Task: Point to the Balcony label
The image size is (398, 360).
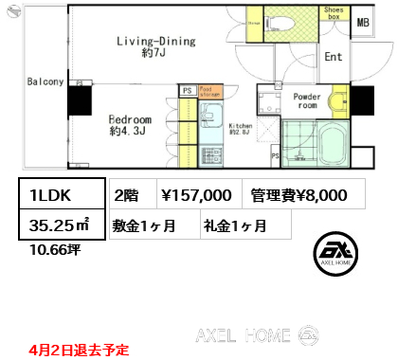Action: [x=45, y=81]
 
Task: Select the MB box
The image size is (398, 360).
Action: [x=363, y=21]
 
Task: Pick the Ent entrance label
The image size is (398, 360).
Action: [x=333, y=57]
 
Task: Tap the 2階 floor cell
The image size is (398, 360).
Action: [x=127, y=195]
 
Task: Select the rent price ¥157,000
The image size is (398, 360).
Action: [x=197, y=195]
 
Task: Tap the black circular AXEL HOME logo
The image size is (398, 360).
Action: [x=336, y=251]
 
